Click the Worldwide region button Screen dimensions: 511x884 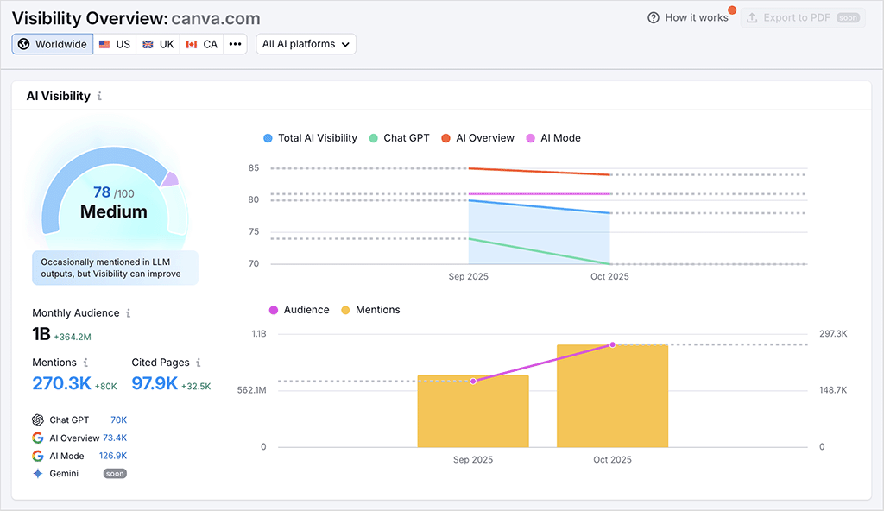point(53,44)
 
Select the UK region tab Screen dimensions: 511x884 point(158,44)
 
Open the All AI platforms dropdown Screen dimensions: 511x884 point(306,44)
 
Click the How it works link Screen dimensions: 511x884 point(688,17)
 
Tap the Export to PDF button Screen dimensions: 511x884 point(803,17)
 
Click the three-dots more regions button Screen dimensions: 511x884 point(235,44)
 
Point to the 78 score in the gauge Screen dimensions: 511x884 point(102,192)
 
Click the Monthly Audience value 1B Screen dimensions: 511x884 point(41,335)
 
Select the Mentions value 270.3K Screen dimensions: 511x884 point(61,383)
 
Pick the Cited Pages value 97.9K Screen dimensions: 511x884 point(155,383)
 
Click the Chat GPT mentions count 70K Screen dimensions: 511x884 point(118,420)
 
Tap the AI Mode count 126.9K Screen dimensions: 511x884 point(113,456)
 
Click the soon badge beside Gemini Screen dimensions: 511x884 point(115,474)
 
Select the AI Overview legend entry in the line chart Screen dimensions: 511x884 point(477,138)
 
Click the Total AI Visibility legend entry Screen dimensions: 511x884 point(310,138)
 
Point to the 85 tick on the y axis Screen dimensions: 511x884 point(254,168)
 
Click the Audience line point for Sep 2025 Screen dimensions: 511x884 point(473,381)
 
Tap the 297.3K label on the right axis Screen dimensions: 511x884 point(833,334)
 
